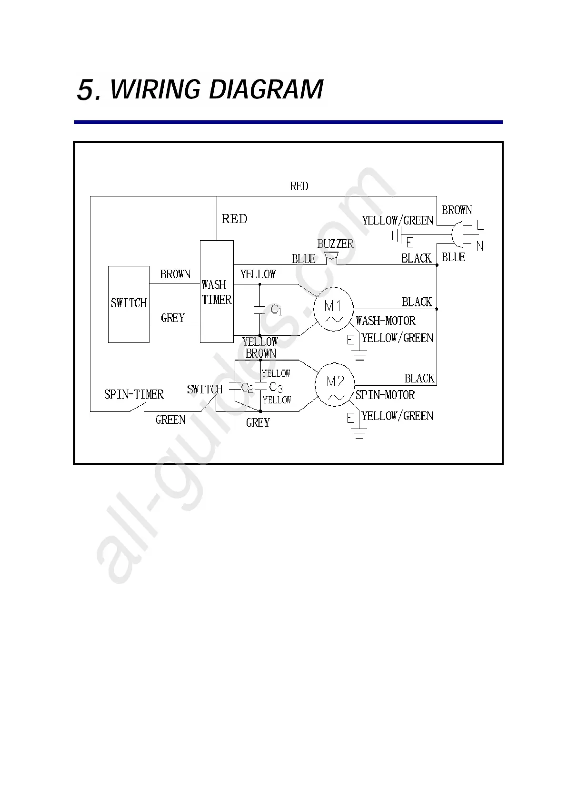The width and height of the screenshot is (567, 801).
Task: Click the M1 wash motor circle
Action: [x=333, y=309]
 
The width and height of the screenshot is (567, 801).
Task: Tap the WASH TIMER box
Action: [x=217, y=292]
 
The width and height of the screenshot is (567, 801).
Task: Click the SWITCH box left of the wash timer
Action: [x=129, y=304]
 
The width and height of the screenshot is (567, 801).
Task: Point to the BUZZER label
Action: [x=335, y=244]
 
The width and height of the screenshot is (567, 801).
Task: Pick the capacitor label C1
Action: [x=276, y=310]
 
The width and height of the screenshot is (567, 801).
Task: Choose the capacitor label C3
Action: [x=276, y=387]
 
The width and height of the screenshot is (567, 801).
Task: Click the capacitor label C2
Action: [x=247, y=388]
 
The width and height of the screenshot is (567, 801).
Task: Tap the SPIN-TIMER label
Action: [x=134, y=394]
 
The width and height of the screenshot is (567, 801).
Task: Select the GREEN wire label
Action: [x=170, y=420]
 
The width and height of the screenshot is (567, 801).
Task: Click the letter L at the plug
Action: [x=480, y=226]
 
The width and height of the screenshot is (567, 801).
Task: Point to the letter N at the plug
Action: [x=479, y=246]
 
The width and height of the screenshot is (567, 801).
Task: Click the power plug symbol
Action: [x=457, y=234]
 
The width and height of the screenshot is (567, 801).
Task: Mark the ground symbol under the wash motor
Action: [x=359, y=355]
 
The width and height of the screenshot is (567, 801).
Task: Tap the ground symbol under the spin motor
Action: [x=359, y=433]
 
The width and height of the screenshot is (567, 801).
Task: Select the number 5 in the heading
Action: [x=87, y=89]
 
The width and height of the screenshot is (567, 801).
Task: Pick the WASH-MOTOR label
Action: [x=386, y=321]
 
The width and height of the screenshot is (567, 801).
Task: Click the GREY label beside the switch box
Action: [x=173, y=318]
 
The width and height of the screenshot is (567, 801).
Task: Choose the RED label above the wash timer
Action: [x=235, y=219]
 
